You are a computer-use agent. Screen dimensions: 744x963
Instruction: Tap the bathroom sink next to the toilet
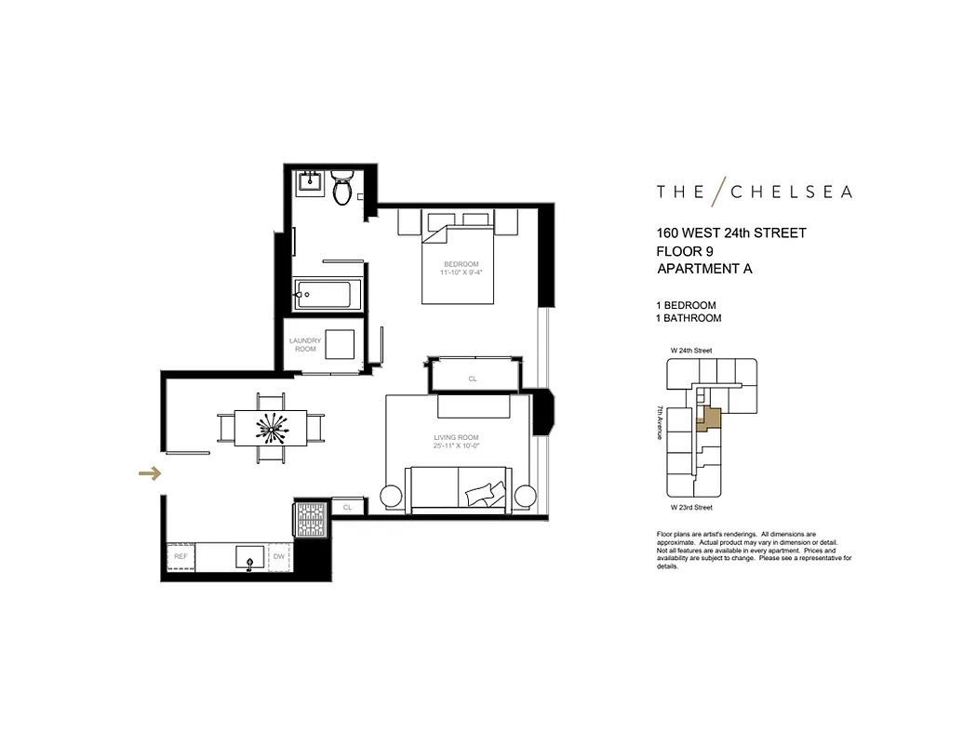click(x=310, y=183)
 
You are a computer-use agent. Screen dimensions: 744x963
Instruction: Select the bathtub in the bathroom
click(x=321, y=296)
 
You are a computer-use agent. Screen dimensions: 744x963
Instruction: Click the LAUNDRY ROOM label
click(x=305, y=345)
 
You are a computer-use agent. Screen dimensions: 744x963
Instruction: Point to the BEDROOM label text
click(x=461, y=264)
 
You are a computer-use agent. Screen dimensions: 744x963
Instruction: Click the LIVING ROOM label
click(x=456, y=437)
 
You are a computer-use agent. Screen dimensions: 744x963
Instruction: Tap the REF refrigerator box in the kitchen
click(x=181, y=556)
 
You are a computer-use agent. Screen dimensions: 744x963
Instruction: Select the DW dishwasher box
click(x=278, y=556)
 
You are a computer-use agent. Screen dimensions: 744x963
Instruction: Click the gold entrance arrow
click(x=149, y=473)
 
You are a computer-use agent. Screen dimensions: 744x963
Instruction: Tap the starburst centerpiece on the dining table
click(x=271, y=429)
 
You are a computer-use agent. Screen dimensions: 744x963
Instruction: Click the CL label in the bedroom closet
click(x=473, y=379)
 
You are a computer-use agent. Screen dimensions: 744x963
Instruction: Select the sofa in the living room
click(x=458, y=487)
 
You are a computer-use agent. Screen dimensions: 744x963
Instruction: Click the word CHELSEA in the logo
click(x=790, y=192)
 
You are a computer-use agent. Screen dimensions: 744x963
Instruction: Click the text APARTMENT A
click(x=703, y=270)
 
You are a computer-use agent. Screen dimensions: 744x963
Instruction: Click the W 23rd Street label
click(x=691, y=508)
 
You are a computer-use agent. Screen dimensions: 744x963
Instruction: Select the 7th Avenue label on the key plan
click(x=660, y=422)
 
